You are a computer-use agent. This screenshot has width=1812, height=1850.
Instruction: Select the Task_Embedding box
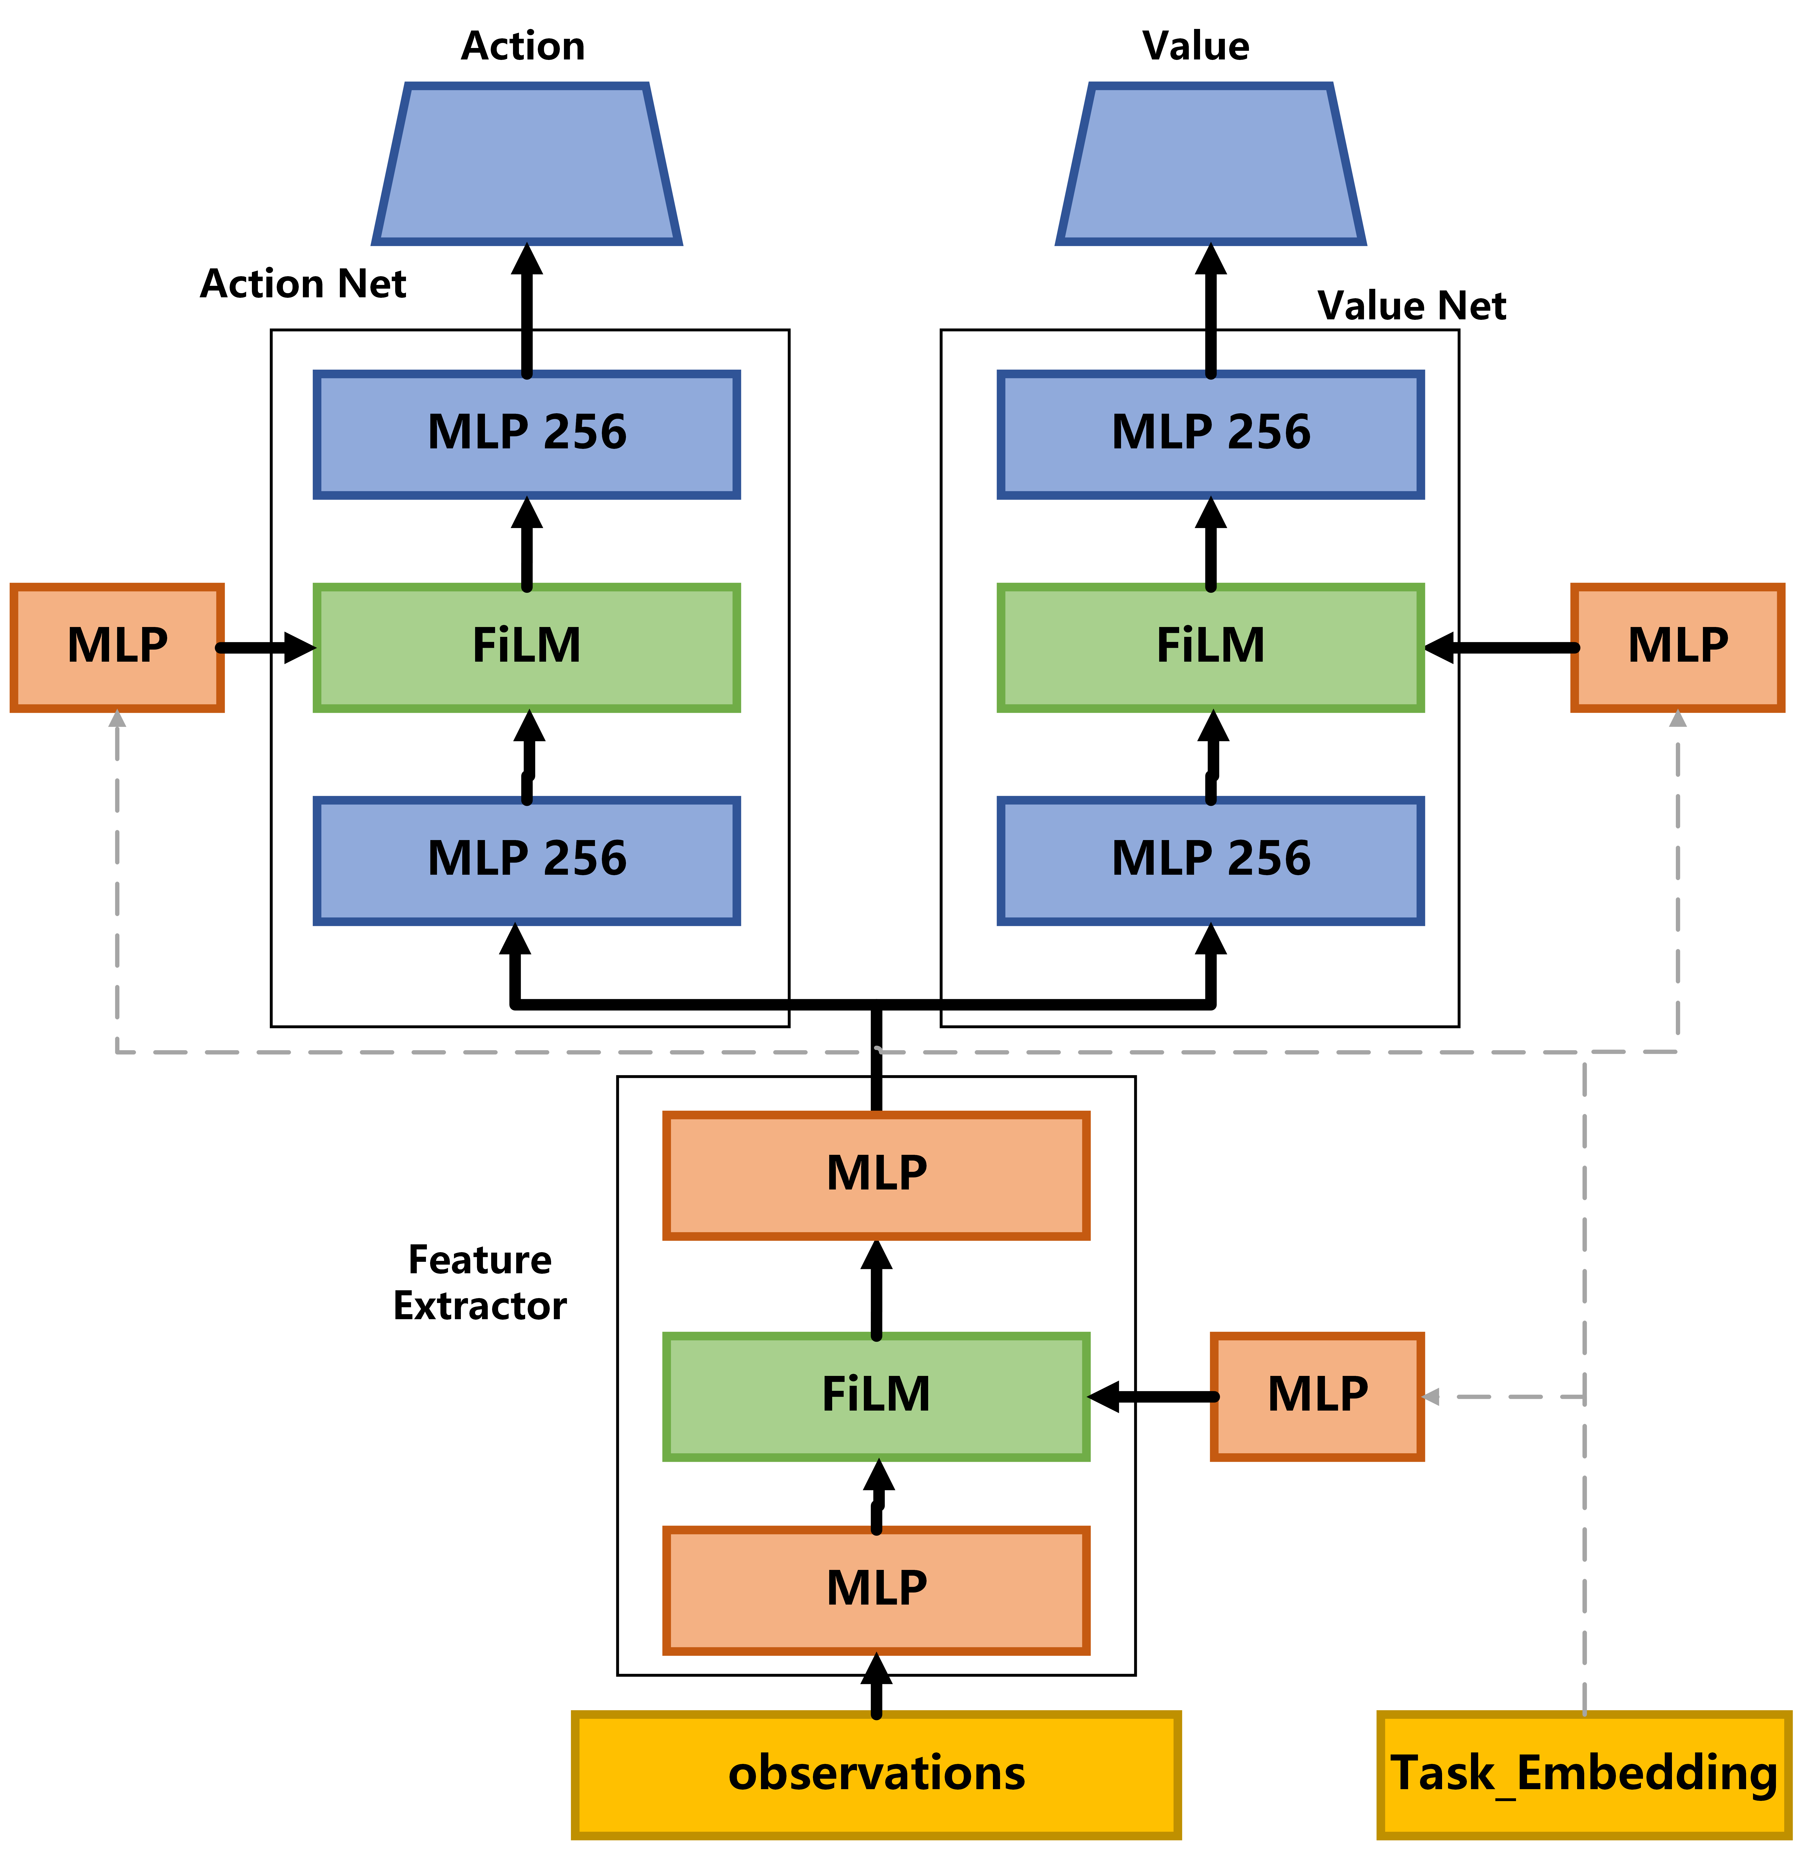[1584, 1775]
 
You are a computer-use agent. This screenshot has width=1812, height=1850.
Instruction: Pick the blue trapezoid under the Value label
[1211, 164]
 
